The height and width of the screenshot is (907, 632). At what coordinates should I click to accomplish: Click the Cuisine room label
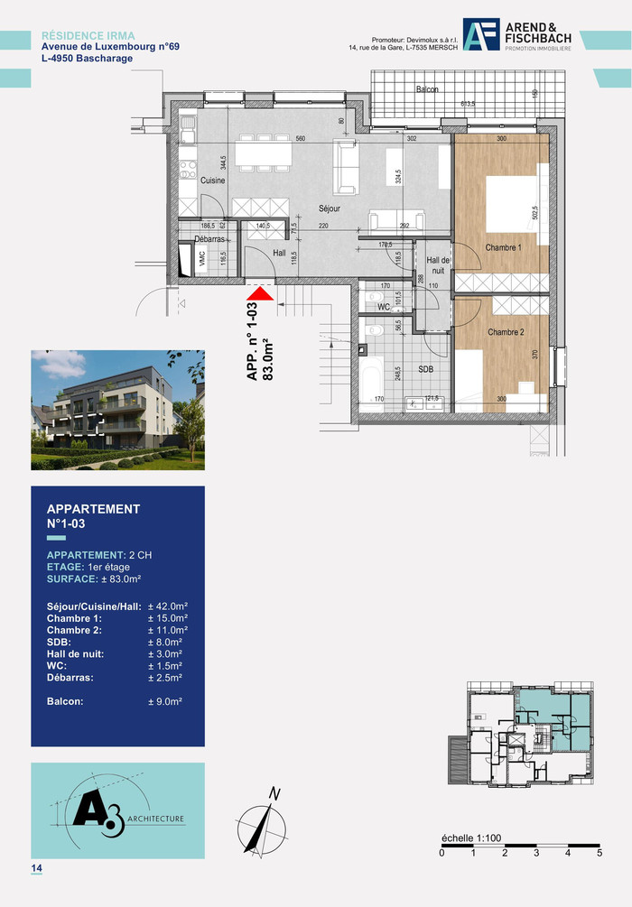click(213, 180)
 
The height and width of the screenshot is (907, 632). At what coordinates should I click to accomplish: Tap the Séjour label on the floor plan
click(330, 208)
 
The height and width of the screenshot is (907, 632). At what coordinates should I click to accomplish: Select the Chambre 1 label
click(503, 247)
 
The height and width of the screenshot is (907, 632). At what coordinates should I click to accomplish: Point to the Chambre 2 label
click(506, 332)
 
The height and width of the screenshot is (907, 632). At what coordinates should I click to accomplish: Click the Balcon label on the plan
click(427, 90)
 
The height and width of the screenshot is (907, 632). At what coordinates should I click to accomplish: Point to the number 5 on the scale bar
click(599, 852)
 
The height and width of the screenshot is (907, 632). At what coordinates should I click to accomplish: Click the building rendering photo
click(117, 411)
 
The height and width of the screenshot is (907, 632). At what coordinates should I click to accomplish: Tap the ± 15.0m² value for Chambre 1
click(167, 618)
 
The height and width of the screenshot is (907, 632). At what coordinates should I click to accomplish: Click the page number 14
click(37, 868)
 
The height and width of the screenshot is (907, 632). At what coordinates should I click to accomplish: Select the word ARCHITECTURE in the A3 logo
click(155, 819)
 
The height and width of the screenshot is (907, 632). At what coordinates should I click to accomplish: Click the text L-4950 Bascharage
click(87, 59)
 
